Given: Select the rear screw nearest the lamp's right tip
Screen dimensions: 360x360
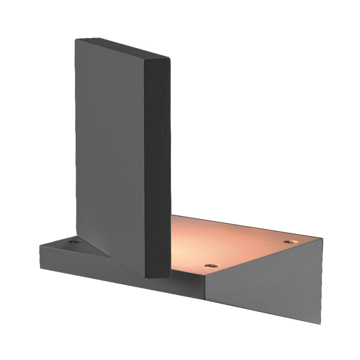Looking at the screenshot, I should (x=287, y=241).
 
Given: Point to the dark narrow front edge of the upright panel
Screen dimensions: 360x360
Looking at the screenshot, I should (x=159, y=165).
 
